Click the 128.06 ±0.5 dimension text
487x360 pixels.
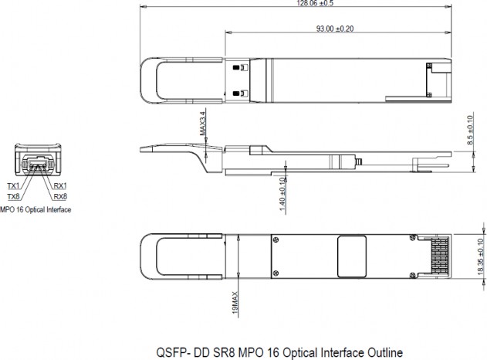[x=315, y=3]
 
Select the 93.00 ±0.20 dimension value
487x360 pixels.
[x=335, y=29]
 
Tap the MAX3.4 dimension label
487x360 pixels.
[x=203, y=124]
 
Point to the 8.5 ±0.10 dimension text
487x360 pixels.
[x=470, y=130]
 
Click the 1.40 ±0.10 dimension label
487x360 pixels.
[x=282, y=194]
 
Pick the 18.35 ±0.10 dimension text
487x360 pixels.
[x=481, y=256]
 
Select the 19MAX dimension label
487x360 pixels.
[x=235, y=303]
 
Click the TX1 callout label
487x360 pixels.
[x=13, y=186]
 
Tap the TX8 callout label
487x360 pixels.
[x=13, y=196]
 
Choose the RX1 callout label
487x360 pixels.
[x=60, y=186]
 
